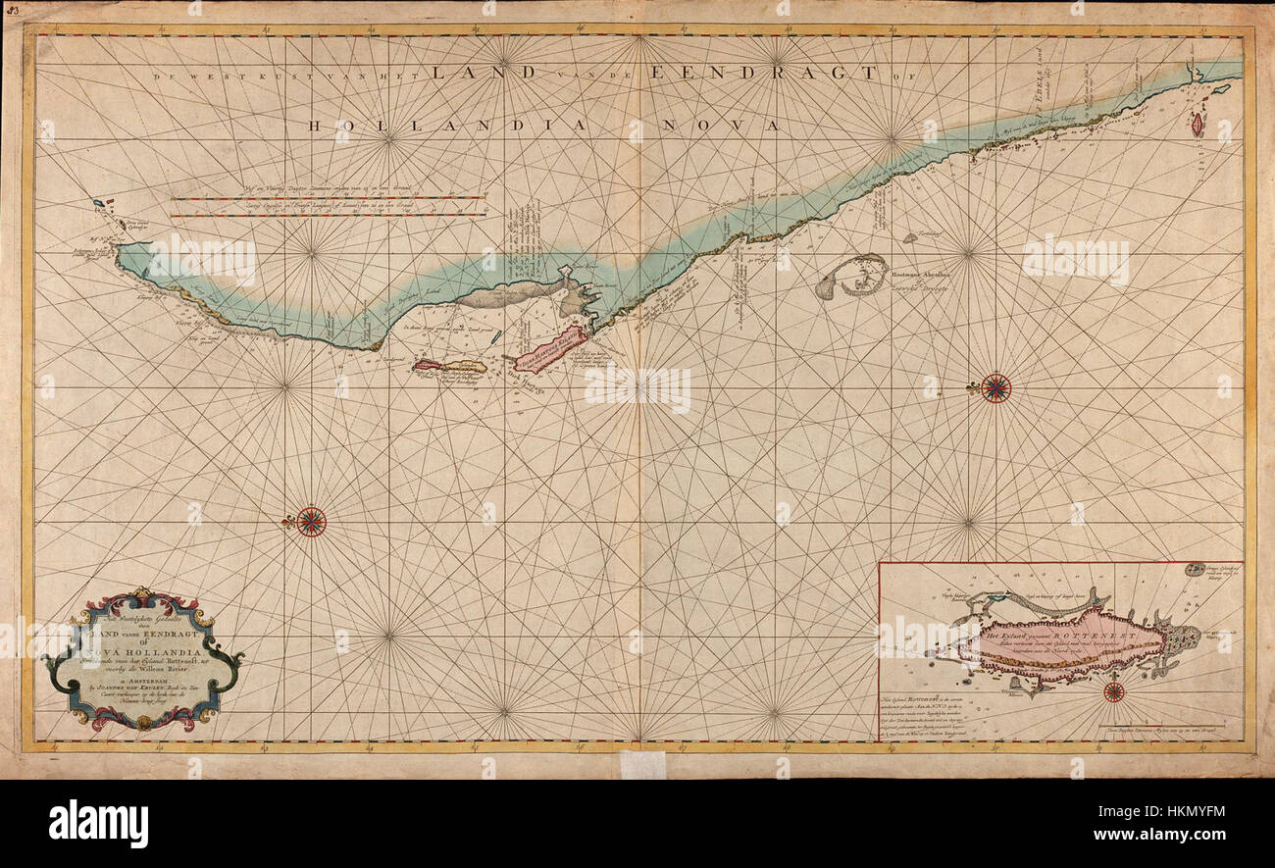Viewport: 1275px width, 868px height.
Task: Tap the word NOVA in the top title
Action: (732, 126)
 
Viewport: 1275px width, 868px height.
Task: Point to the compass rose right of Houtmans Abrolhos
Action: (995, 388)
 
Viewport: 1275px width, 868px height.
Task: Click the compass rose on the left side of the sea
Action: (311, 521)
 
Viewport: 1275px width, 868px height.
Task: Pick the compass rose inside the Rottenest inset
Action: (1113, 691)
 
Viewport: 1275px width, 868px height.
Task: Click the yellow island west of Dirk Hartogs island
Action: (450, 366)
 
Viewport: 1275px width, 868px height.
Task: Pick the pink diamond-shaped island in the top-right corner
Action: (1197, 123)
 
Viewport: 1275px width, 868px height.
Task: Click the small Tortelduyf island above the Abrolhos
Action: (910, 236)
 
